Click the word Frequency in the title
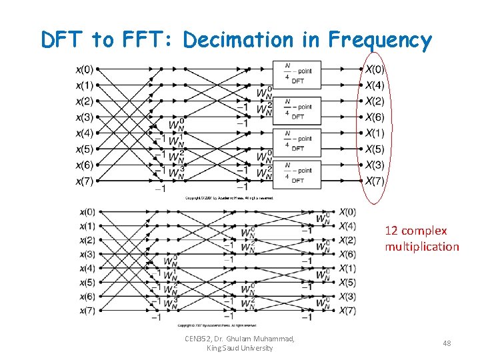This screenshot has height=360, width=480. tap(380, 41)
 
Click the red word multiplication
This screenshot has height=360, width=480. tap(421, 247)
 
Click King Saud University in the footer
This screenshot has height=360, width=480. tap(240, 348)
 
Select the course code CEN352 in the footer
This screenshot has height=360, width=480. tap(200, 339)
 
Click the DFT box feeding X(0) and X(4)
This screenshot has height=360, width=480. tap(298, 74)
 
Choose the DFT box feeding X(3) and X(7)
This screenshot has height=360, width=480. tap(298, 173)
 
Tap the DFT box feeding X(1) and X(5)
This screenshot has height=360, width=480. tap(298, 140)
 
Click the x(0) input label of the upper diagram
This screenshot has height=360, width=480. tap(84, 69)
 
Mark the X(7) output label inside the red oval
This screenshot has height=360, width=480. tap(375, 181)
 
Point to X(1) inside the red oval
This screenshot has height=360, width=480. tap(375, 133)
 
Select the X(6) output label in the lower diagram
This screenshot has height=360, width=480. tap(347, 255)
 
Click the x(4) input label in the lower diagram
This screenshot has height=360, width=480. tap(87, 269)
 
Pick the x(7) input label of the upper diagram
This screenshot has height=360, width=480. tap(84, 181)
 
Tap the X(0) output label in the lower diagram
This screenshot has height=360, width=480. tap(347, 212)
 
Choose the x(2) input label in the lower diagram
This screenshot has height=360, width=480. tap(87, 240)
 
